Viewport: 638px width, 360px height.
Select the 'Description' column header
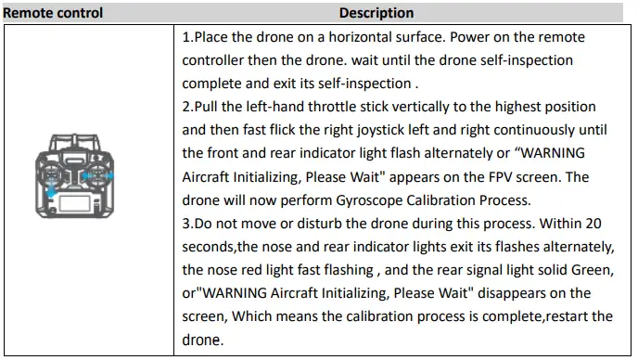tap(376, 13)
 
